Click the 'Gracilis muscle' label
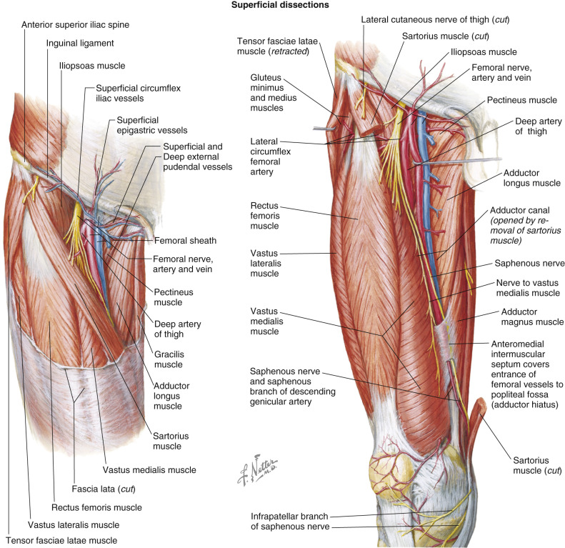168,360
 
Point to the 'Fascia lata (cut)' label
105,489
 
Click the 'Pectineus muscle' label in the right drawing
526,101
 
